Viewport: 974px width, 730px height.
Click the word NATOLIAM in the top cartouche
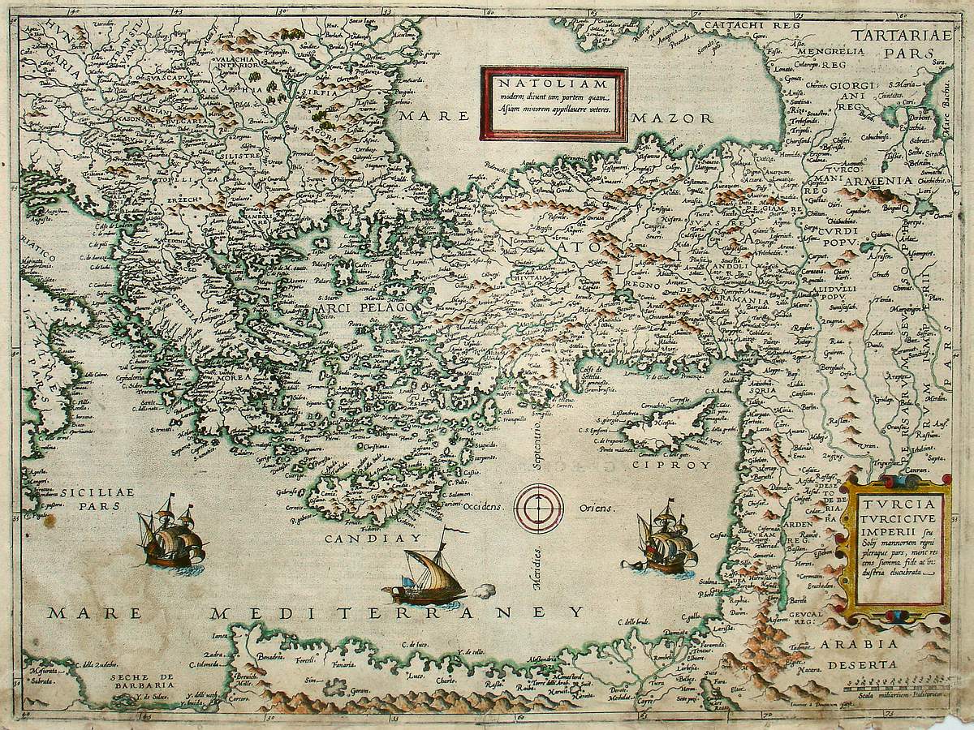pos(553,83)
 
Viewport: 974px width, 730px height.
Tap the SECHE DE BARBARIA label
pos(143,681)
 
